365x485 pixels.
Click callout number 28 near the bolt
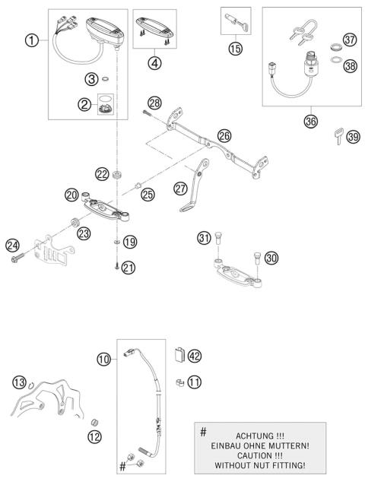point(154,102)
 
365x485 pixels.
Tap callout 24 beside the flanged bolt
point(12,245)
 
